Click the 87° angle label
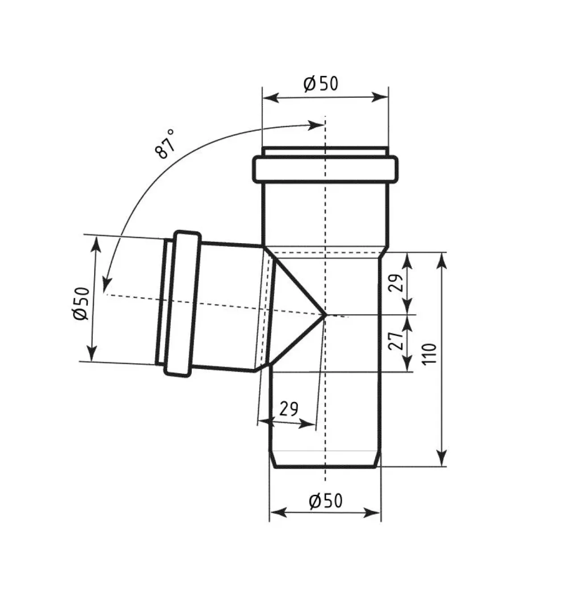[x=165, y=144]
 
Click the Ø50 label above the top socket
[x=321, y=83]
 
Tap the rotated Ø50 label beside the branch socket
[x=81, y=304]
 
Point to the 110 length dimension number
[x=429, y=354]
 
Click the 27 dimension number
[x=396, y=340]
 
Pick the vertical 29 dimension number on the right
[x=396, y=282]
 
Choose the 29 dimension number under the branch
[x=289, y=409]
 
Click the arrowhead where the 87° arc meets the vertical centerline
[x=316, y=125]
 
